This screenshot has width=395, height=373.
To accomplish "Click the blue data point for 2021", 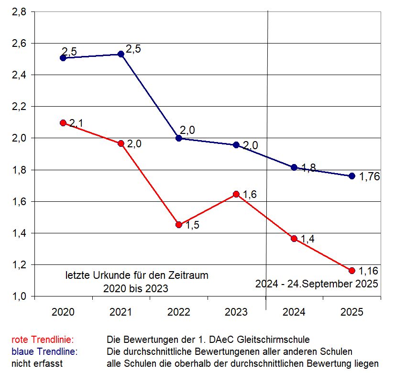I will pos(121,54).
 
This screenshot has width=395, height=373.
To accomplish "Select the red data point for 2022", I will pos(179,224).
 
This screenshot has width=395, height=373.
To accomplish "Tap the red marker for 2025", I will pos(352,271).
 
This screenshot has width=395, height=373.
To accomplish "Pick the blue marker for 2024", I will pos(294,167).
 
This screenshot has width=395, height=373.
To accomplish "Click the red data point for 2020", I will pos(63,123).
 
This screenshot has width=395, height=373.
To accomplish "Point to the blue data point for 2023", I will pos(236,145).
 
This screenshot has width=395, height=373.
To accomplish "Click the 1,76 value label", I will pos(369,176).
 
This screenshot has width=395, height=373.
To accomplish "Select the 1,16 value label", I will pos(369,271).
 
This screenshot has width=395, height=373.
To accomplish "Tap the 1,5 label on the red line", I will pos(192,226).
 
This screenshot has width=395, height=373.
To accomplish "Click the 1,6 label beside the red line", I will pos(250,195).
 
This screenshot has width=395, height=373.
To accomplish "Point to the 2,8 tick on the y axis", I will pos(19,12).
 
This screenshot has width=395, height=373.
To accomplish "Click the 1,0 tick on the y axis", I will pos(19,296).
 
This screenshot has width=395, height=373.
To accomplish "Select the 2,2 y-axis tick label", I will pos(19,107).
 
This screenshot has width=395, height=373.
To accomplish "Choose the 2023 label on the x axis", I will pos(236,312).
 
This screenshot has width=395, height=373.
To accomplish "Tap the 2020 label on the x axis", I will pos(63,312).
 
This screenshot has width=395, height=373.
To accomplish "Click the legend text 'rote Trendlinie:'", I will pos(43,340).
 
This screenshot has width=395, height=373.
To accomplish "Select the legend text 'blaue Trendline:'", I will pos(44,352).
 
